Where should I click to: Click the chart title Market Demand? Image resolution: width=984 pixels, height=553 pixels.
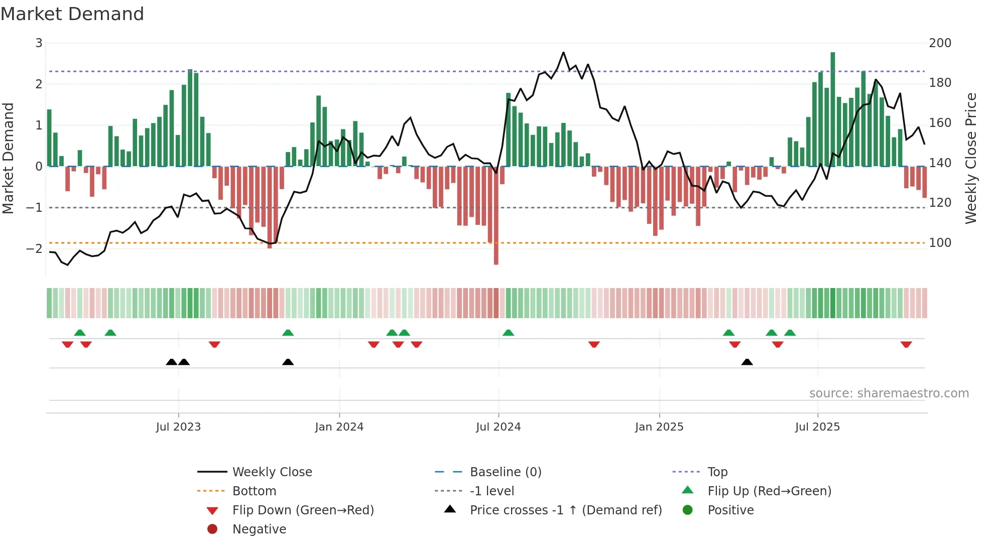(72, 14)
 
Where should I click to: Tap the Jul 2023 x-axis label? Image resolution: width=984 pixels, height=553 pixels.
(178, 427)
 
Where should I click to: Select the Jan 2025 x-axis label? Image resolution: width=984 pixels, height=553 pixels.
(659, 427)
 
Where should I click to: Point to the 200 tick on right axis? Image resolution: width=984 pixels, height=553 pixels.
(940, 43)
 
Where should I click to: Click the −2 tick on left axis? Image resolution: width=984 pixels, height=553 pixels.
(34, 248)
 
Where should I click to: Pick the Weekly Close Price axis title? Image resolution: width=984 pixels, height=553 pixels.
(971, 158)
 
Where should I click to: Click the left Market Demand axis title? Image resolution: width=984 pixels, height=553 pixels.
(8, 158)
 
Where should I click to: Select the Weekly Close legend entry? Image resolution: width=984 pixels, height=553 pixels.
(272, 472)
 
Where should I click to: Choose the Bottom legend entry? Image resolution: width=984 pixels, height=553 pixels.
(254, 491)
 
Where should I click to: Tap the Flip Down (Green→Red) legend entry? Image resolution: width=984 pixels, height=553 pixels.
(303, 510)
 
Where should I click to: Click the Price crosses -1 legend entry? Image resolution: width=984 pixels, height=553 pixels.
(565, 510)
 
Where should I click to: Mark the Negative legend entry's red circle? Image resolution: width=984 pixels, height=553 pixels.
(212, 529)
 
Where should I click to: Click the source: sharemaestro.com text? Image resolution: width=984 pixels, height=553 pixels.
(889, 393)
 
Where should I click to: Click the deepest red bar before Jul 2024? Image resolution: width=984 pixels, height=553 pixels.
(496, 216)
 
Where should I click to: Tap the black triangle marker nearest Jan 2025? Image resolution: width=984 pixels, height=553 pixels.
(747, 362)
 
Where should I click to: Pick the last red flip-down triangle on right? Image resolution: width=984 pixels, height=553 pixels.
(906, 345)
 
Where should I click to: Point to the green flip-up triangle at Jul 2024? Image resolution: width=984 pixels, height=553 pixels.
(508, 333)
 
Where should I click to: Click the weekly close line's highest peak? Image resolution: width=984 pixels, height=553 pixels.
(563, 53)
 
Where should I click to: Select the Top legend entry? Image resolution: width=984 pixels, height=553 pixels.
(717, 472)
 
